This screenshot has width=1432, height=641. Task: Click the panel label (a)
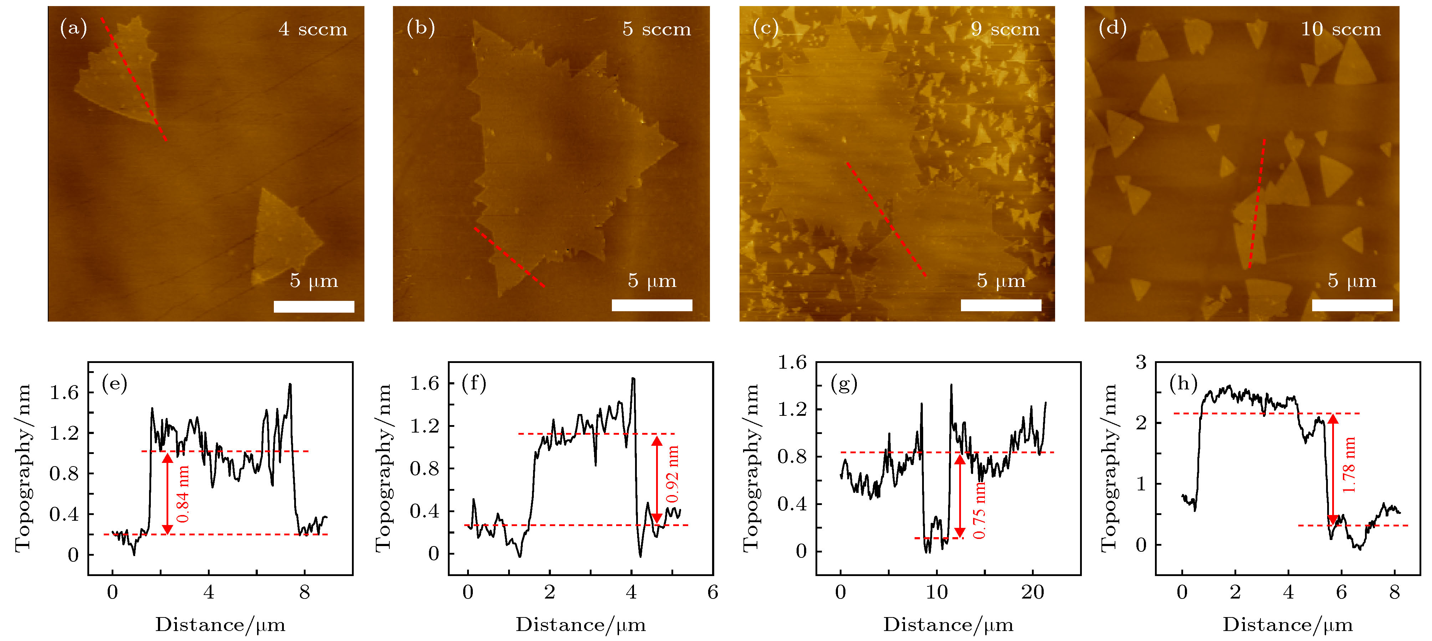pyautogui.click(x=73, y=28)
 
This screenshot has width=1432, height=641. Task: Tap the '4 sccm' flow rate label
pyautogui.click(x=313, y=29)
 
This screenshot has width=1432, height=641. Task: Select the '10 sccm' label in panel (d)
pyautogui.click(x=1340, y=29)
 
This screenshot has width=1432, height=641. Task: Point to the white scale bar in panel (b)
pyautogui.click(x=651, y=305)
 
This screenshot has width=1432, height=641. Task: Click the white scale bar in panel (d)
pyautogui.click(x=1352, y=305)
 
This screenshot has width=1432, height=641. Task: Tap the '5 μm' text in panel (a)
pyautogui.click(x=313, y=281)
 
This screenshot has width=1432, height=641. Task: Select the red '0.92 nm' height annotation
pyautogui.click(x=672, y=474)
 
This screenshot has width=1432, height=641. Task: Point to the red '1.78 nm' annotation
pyautogui.click(x=1349, y=465)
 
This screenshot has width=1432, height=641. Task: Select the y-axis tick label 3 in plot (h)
pyautogui.click(x=1141, y=363)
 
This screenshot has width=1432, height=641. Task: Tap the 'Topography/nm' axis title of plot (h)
pyautogui.click(x=1109, y=468)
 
